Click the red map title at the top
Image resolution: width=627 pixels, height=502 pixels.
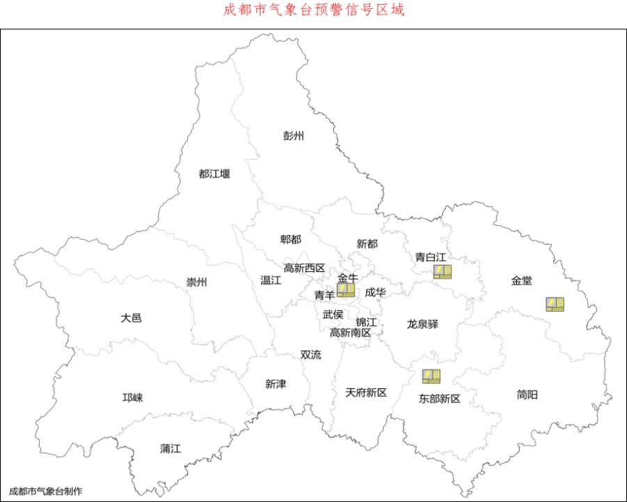[x=313, y=10]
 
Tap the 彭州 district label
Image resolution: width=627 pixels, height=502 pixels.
[x=293, y=136]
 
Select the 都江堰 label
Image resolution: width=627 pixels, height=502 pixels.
[x=214, y=174]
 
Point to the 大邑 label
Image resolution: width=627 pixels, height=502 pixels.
[x=131, y=317]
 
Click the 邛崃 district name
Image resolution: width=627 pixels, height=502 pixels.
[x=132, y=397]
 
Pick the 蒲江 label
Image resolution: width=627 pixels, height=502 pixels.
[x=170, y=448]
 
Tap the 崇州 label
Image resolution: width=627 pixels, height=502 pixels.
[x=196, y=282]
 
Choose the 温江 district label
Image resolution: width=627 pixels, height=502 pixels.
[x=270, y=280]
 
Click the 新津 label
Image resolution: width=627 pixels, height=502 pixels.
[x=275, y=383]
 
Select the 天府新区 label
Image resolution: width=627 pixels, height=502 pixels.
[x=366, y=393]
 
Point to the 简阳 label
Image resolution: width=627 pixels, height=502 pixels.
[x=527, y=395]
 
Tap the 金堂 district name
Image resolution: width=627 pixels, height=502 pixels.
[x=521, y=280]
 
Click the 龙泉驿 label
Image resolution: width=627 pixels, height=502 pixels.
[x=422, y=324]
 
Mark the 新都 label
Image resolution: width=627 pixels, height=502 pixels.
[x=367, y=243]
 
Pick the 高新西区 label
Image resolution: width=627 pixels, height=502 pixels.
[x=304, y=268]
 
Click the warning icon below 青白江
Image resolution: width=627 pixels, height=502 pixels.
[x=442, y=272]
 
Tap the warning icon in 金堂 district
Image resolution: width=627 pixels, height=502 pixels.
[x=555, y=304]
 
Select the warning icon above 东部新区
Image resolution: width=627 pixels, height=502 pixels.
[x=431, y=376]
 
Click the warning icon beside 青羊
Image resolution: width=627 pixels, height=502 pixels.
[x=346, y=290]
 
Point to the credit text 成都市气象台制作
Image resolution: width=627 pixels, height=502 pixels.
[x=45, y=491]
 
